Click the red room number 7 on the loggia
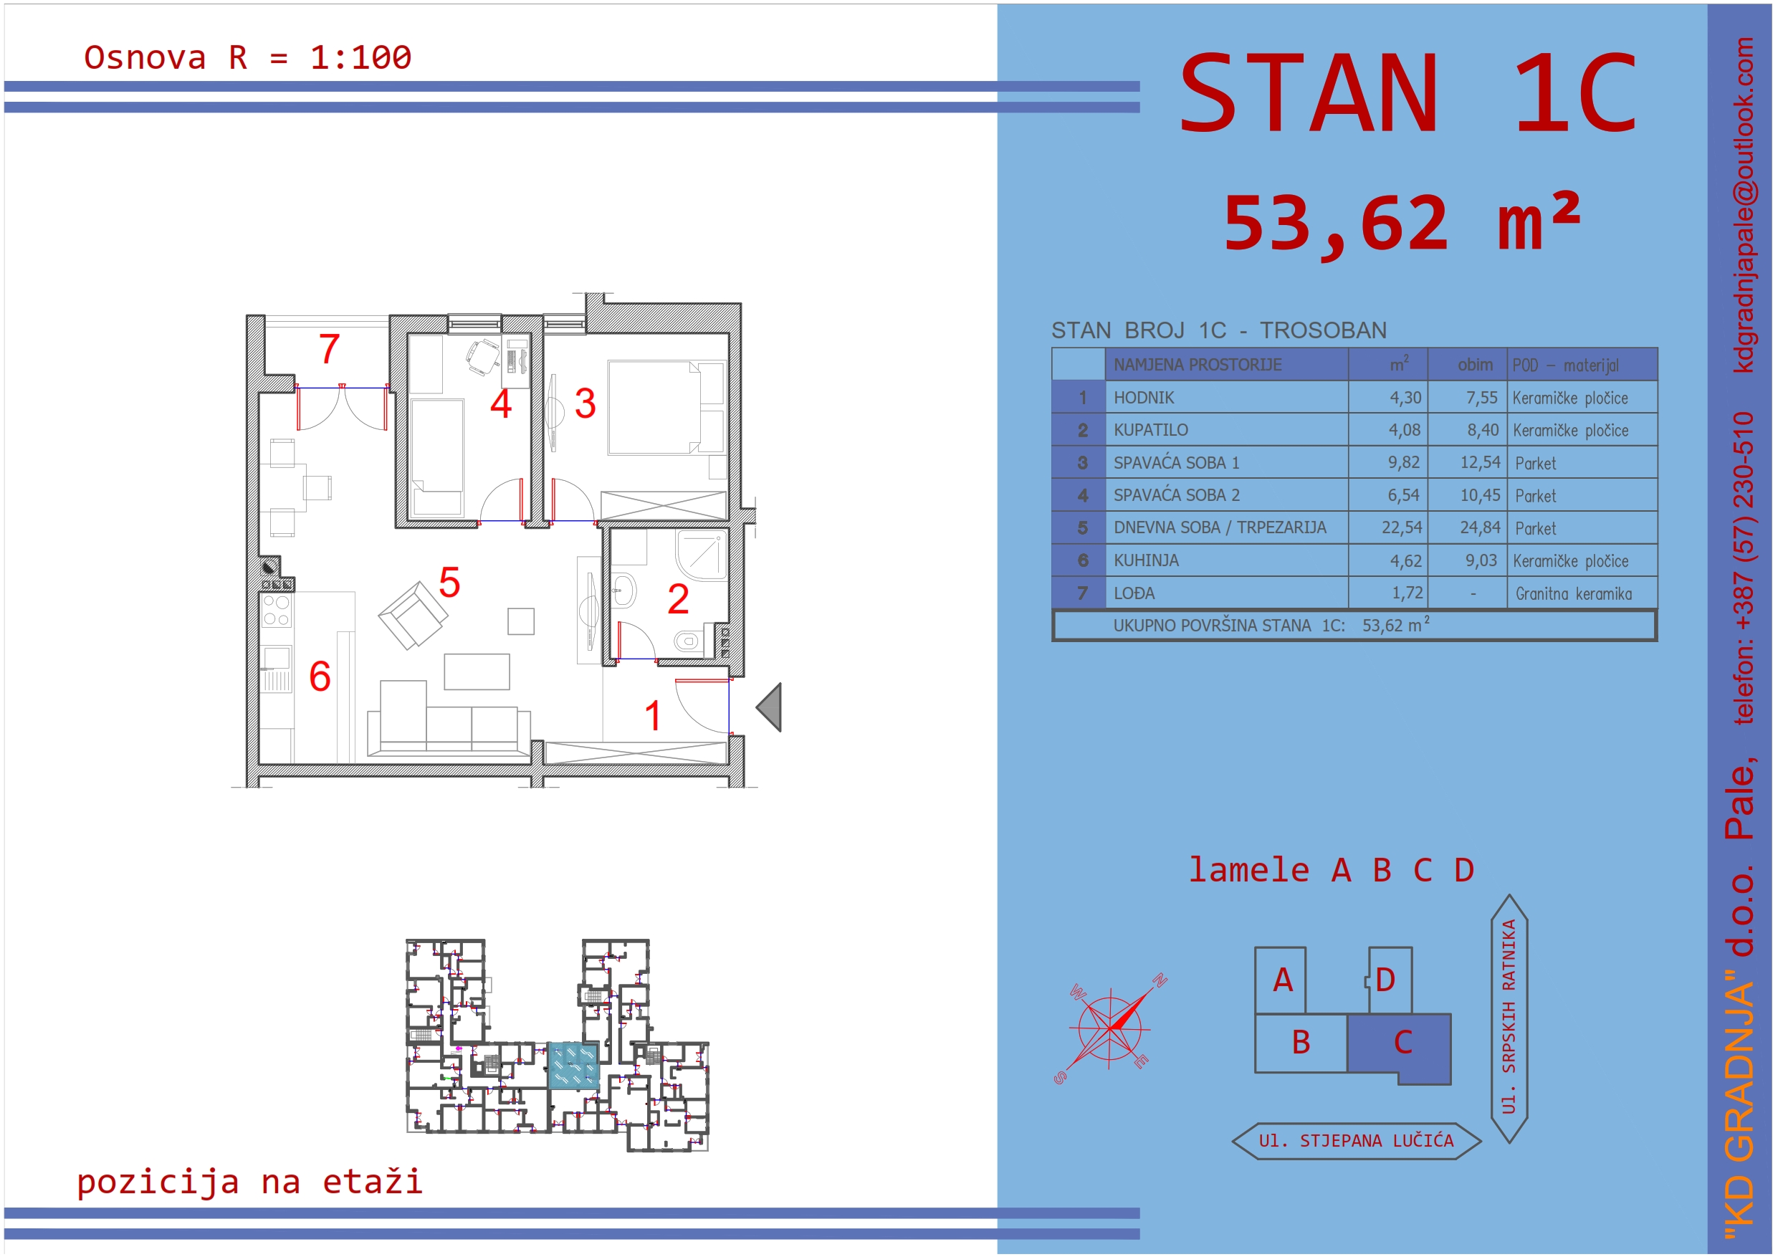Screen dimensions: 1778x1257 pyautogui.click(x=329, y=348)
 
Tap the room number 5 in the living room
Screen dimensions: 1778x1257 pyautogui.click(x=449, y=583)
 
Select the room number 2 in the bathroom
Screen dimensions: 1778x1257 pyautogui.click(x=679, y=598)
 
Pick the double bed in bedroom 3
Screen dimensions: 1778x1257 pyautogui.click(x=666, y=407)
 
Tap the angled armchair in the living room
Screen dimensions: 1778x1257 pyautogui.click(x=413, y=615)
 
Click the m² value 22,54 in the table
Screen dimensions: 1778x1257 pyautogui.click(x=1402, y=527)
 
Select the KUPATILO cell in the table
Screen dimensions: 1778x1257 pyautogui.click(x=1151, y=430)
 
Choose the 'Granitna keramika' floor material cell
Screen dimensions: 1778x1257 pyautogui.click(x=1574, y=594)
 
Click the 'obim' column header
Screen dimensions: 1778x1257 pyautogui.click(x=1475, y=365)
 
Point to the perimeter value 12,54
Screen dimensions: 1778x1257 pyautogui.click(x=1480, y=462)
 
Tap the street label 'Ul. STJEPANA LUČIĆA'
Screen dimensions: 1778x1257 pyautogui.click(x=1356, y=1141)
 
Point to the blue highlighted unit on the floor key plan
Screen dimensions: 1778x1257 pyautogui.click(x=573, y=1066)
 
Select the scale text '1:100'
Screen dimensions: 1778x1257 pyautogui.click(x=361, y=58)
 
